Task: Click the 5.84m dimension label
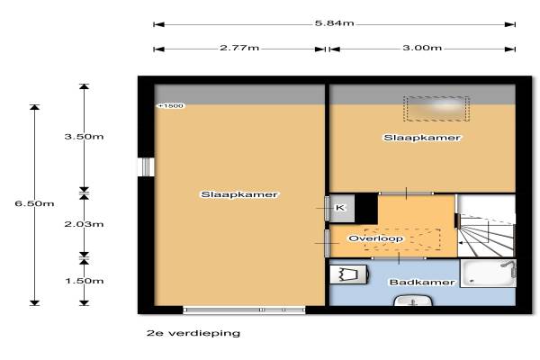334,23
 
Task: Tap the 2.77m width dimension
239,48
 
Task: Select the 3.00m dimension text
422,48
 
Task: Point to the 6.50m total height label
34,203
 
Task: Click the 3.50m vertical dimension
84,137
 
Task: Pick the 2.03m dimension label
84,224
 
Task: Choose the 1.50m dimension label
85,281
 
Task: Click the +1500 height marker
171,106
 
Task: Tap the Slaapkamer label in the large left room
239,194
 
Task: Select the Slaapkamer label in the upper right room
422,138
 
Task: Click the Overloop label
375,238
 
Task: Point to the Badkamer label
422,283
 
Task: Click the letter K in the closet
340,208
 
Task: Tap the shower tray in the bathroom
488,274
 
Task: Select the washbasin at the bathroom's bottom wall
413,301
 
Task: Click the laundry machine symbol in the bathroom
348,274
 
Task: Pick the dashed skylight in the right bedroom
436,109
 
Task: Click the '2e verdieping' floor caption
193,333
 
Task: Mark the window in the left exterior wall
146,167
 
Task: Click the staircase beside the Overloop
486,226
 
